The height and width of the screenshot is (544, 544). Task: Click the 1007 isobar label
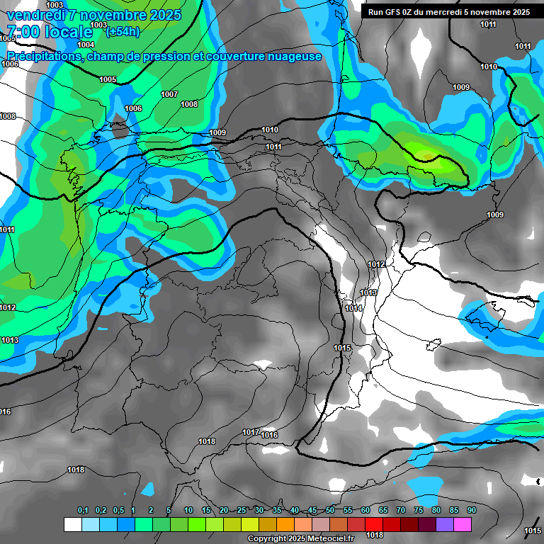[169, 94]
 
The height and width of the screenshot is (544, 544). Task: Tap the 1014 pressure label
[353, 308]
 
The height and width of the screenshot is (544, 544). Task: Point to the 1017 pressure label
[251, 432]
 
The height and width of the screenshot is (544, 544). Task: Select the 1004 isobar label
[86, 45]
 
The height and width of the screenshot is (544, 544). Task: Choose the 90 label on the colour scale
[472, 510]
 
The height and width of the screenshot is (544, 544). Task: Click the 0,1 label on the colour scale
[83, 510]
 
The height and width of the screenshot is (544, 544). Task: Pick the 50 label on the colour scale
[330, 510]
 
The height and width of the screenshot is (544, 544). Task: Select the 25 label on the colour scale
[242, 510]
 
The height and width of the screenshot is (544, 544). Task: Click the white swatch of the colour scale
[72, 524]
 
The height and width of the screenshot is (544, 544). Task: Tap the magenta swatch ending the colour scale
[462, 524]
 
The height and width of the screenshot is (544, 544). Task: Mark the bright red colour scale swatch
[373, 524]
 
